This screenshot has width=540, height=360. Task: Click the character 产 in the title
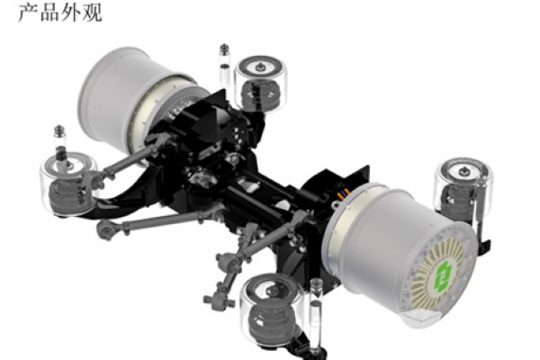click(x=28, y=13)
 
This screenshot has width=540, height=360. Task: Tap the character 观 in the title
click(x=92, y=13)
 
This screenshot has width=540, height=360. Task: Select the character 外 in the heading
click(x=70, y=13)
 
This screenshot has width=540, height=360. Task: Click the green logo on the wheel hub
click(x=443, y=274)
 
